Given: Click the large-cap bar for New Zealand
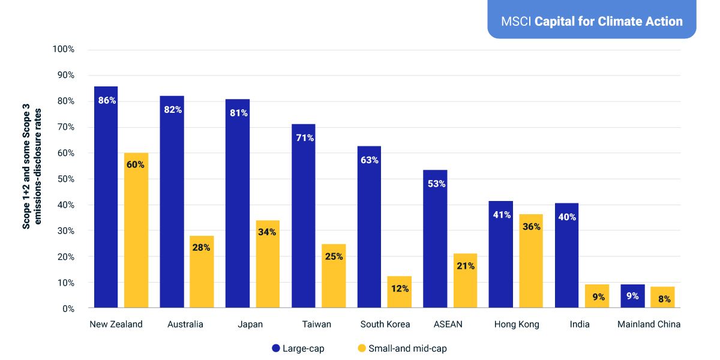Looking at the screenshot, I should tap(106, 198).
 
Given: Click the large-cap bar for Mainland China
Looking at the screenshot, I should tap(632, 296).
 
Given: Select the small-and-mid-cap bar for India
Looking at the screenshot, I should tap(596, 296).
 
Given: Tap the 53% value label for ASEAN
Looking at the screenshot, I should tap(436, 184).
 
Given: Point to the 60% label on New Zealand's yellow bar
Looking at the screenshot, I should tap(136, 164).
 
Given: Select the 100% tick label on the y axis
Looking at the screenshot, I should tap(63, 49).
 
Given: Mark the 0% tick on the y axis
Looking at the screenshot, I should tap(67, 308).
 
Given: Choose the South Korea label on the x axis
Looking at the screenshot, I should tap(385, 325).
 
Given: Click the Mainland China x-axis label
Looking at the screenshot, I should tap(649, 325).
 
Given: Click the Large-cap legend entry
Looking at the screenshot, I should tap(298, 349).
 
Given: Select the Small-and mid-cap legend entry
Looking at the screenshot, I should tap(401, 349).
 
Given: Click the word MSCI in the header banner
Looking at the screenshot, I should tap(516, 22).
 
